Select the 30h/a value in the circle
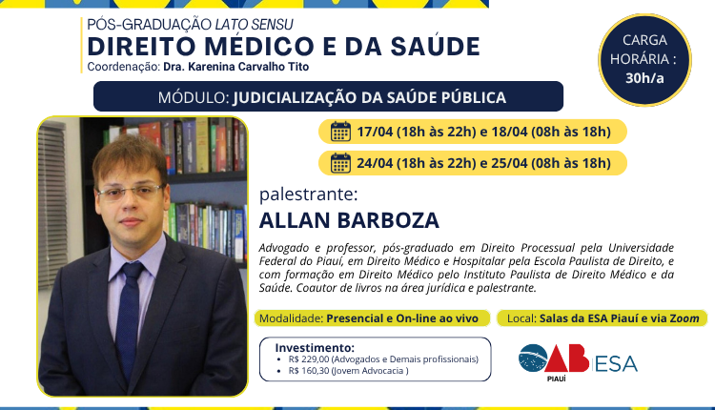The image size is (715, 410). click(644, 78)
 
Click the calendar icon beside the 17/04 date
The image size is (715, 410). click(340, 132)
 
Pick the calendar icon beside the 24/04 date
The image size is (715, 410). click(340, 163)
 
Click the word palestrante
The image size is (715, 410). click(308, 195)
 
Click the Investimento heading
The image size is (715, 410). click(315, 347)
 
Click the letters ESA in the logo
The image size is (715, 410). click(616, 362)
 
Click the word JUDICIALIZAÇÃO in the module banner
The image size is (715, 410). click(316, 97)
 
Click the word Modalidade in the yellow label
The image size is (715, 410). click(290, 318)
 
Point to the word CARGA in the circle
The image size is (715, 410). click(644, 40)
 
